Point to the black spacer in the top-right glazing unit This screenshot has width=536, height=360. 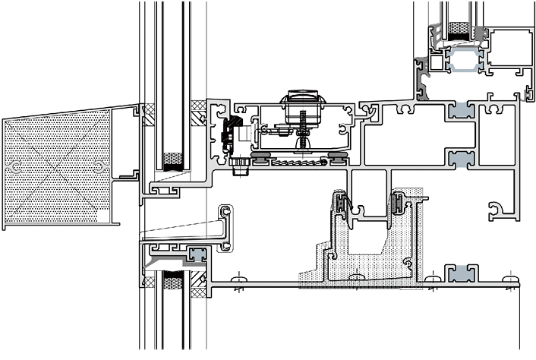pos(459,30)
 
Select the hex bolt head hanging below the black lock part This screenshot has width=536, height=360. pos(241,167)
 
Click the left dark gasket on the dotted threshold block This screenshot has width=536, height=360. pos(343,204)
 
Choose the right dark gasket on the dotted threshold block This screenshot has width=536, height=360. pos(396,203)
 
